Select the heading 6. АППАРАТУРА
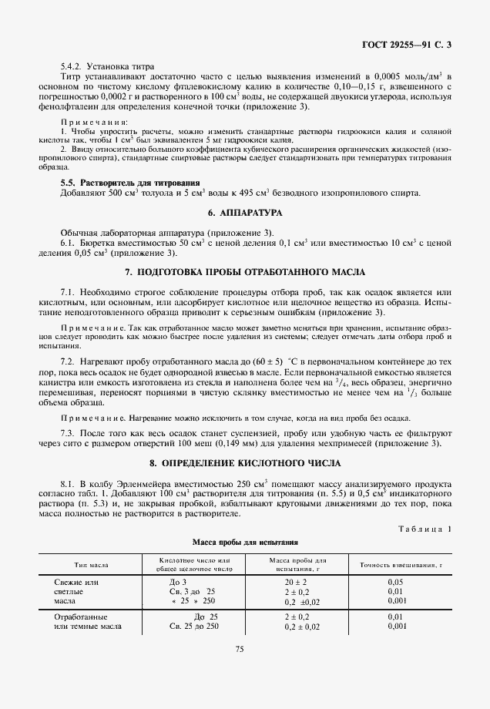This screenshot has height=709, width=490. click(244, 211)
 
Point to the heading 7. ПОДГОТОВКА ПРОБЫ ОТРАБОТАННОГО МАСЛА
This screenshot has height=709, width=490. click(244, 273)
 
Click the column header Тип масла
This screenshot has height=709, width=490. click(91, 565)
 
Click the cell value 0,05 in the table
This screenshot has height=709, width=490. click(395, 582)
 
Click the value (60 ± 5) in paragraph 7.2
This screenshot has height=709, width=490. click(267, 361)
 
